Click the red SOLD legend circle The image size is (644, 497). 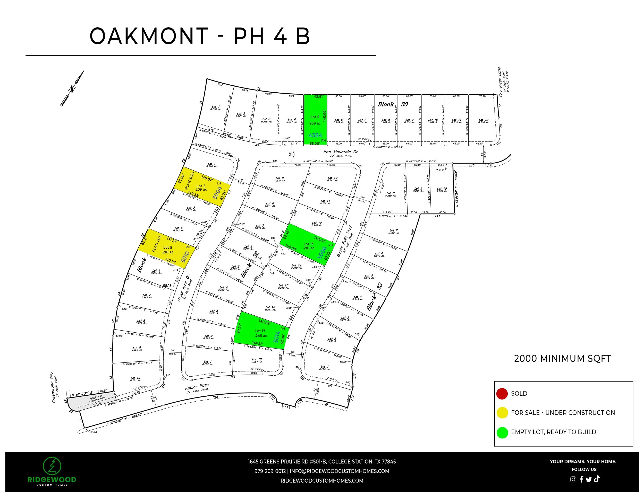click(x=502, y=394)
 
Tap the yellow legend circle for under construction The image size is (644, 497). click(x=502, y=413)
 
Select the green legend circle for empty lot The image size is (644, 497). click(x=502, y=432)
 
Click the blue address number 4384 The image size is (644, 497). click(x=315, y=135)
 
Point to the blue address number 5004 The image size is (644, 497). click(x=217, y=193)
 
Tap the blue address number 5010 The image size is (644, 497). click(x=185, y=257)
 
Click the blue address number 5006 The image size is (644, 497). click(x=322, y=253)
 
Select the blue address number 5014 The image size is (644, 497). click(x=276, y=336)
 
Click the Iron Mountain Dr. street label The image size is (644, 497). click(x=341, y=152)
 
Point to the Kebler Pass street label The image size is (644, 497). click(x=197, y=387)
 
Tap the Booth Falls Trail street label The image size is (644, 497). click(x=344, y=242)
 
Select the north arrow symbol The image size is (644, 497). click(x=72, y=88)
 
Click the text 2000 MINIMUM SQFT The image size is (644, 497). click(x=562, y=359)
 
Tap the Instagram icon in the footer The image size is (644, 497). click(x=573, y=479)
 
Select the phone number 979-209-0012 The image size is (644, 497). click(x=270, y=471)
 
